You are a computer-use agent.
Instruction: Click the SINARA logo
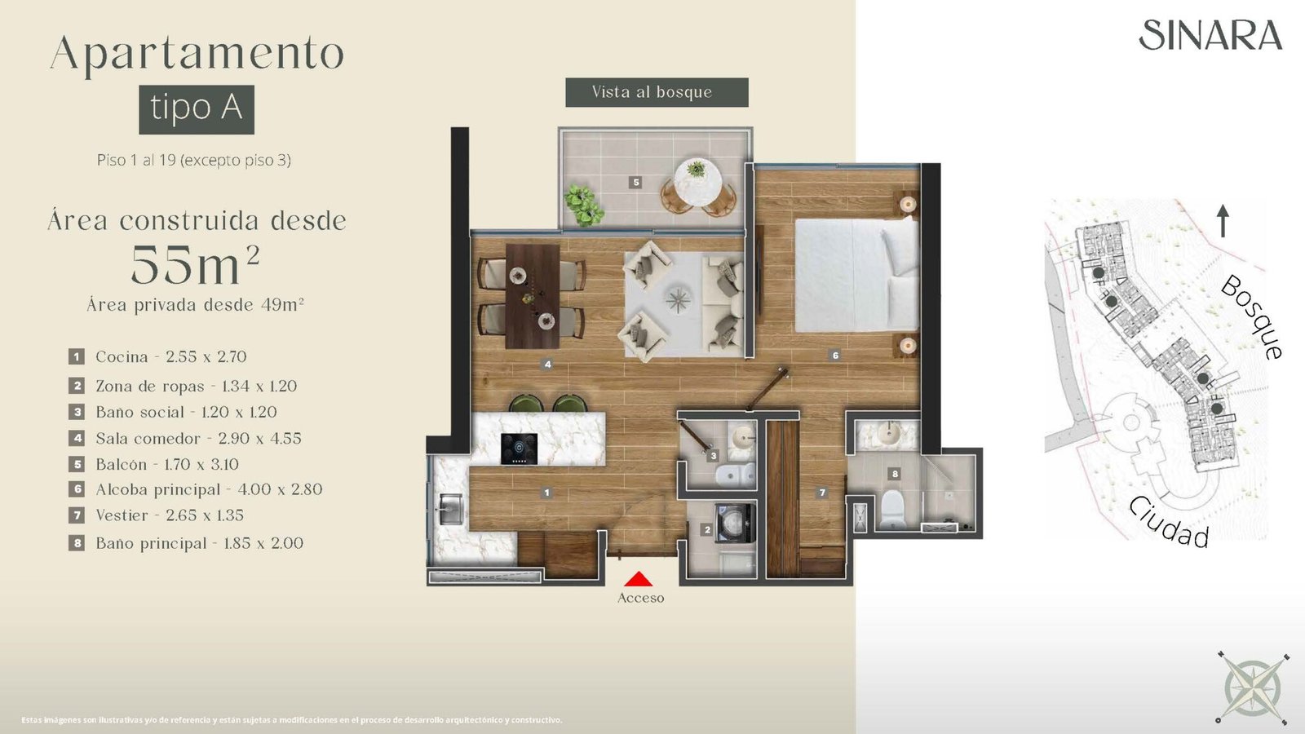click(1210, 35)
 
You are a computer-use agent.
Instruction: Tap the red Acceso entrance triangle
click(639, 578)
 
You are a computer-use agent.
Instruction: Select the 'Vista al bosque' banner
click(657, 92)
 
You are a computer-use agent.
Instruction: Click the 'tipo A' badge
click(197, 109)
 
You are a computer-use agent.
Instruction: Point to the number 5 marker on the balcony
click(636, 183)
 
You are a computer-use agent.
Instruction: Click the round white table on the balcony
click(698, 183)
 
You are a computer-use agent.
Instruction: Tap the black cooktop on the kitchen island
click(519, 449)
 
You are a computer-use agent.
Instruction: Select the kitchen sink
click(450, 509)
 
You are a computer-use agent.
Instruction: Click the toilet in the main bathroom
click(892, 509)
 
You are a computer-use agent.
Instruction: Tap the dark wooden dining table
click(533, 296)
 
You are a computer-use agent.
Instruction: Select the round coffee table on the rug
click(678, 299)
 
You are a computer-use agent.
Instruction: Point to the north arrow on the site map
click(1223, 221)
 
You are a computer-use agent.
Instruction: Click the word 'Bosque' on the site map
click(1253, 317)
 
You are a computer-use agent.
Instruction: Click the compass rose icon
click(1252, 687)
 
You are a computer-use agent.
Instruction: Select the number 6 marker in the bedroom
click(835, 355)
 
